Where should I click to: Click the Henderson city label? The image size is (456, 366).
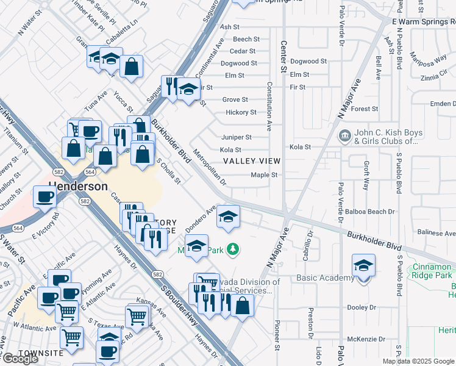click(79, 186)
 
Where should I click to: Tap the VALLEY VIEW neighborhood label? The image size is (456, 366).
click(251, 161)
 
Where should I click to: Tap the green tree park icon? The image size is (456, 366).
click(232, 249)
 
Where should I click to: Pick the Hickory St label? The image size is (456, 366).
click(241, 112)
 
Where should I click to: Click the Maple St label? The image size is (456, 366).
click(265, 175)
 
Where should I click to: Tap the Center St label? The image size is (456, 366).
click(283, 57)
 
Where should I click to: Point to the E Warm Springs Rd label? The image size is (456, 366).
click(423, 21)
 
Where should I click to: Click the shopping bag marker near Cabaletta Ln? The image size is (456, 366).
click(131, 66)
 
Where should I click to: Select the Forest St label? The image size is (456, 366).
click(365, 109)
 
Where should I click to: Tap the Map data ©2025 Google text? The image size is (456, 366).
click(418, 361)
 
